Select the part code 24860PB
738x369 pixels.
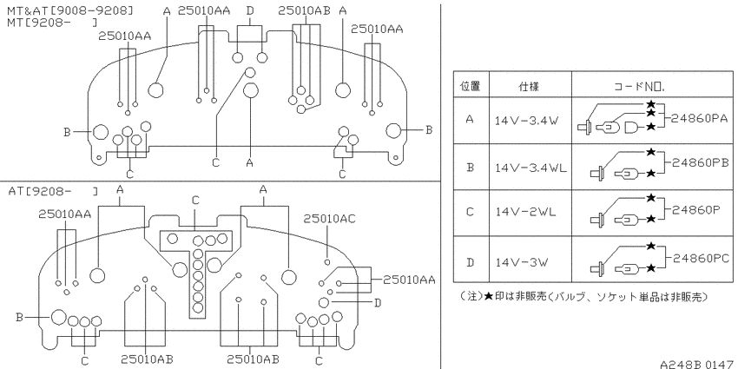(x=700, y=163)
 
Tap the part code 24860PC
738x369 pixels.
(x=700, y=258)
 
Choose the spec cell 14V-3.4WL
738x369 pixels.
(x=530, y=167)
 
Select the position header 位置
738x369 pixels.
(x=470, y=87)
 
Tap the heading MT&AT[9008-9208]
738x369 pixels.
(x=70, y=10)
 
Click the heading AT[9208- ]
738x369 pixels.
(x=53, y=191)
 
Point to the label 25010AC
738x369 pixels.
(x=329, y=219)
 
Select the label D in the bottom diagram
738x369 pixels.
(x=377, y=302)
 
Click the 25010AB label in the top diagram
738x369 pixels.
(x=304, y=10)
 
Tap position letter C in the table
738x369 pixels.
(x=470, y=212)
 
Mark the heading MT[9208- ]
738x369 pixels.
(x=53, y=22)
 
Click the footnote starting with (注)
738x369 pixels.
(x=583, y=297)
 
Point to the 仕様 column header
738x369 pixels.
(x=529, y=87)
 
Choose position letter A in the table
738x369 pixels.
(x=470, y=119)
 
